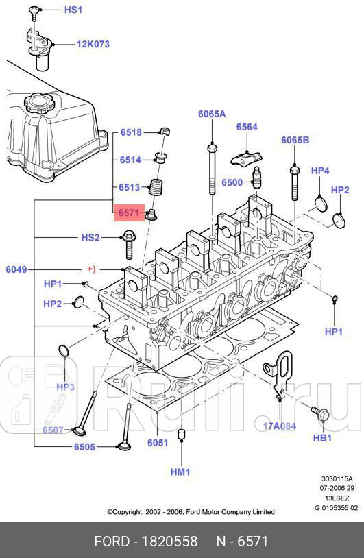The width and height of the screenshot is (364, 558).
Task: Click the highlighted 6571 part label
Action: [x=128, y=213]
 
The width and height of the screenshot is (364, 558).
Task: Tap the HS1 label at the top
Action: [x=73, y=10]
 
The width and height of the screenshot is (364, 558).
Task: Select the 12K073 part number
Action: [x=93, y=44]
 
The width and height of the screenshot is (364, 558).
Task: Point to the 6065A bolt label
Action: [x=212, y=114]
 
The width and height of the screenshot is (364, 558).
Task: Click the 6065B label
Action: [x=295, y=140]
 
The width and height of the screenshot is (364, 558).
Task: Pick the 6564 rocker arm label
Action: [x=247, y=127]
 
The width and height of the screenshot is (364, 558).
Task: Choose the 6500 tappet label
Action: [x=232, y=182]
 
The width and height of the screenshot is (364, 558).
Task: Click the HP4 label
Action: [x=320, y=170]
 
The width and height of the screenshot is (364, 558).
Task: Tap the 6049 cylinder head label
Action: [x=16, y=269]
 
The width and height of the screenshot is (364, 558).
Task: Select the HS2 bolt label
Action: [x=90, y=237]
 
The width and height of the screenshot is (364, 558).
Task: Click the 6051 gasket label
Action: [x=158, y=443]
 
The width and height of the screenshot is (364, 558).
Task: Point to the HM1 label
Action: [x=180, y=472]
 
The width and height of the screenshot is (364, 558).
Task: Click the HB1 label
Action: [x=322, y=437]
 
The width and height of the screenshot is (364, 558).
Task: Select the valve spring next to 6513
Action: [x=159, y=186]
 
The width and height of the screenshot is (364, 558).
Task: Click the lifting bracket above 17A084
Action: [x=282, y=370]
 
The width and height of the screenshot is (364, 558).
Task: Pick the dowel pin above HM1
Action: [x=181, y=435]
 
